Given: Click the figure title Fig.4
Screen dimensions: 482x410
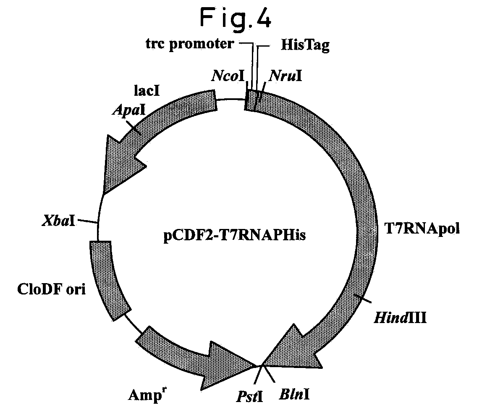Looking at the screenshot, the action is point(236,18).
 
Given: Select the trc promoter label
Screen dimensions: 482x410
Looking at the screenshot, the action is point(190,44).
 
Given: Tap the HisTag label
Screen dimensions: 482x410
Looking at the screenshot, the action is point(305,45).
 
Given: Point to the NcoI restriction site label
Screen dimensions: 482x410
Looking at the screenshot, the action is point(228,76).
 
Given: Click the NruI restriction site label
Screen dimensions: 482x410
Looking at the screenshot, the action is point(286,76).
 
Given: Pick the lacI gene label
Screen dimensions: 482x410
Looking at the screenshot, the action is point(147,91).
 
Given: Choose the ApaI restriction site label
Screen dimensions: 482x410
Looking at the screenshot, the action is point(129,110).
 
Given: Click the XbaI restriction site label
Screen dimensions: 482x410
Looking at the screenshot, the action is point(58,221).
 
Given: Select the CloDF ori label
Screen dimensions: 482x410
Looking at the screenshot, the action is point(51,289).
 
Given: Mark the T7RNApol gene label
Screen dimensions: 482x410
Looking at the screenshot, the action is point(422,229).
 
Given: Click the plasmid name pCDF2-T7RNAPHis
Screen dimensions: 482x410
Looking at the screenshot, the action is point(235,236).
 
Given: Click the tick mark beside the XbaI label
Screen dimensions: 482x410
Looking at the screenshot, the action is point(88,221).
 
